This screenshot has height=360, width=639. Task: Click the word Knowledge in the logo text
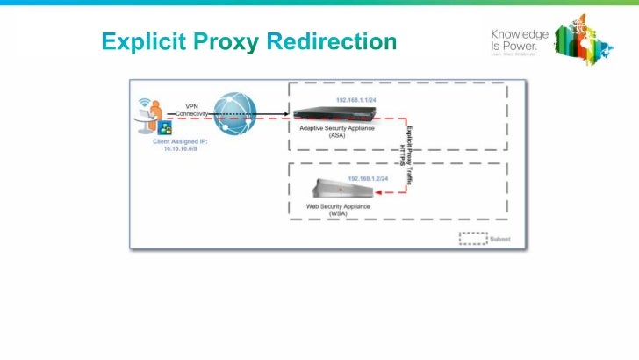click(x=520, y=33)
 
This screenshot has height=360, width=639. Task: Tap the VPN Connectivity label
click(x=191, y=110)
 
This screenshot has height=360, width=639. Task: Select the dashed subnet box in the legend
click(x=472, y=238)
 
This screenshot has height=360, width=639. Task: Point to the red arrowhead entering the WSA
click(x=376, y=192)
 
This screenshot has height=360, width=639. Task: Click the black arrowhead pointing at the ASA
click(x=288, y=113)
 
